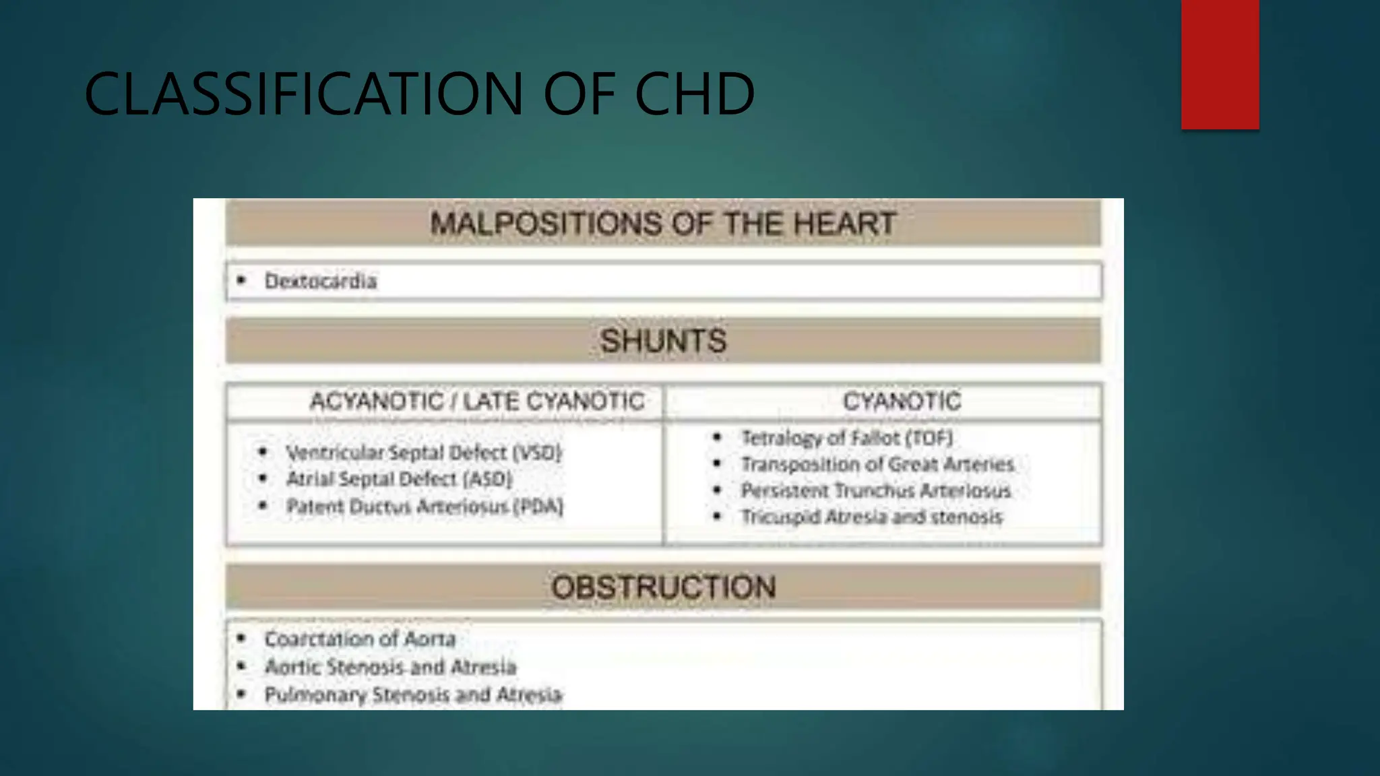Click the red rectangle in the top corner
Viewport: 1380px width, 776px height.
point(1220,64)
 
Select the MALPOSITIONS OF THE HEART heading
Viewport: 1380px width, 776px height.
point(663,224)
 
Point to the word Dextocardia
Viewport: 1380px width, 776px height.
point(320,281)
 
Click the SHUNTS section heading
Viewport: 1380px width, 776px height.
point(663,341)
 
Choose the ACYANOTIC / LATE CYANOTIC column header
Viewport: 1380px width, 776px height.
point(477,401)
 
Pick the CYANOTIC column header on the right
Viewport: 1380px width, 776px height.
point(902,401)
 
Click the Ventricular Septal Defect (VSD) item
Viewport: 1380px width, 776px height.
point(423,453)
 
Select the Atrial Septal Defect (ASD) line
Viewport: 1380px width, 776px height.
point(399,480)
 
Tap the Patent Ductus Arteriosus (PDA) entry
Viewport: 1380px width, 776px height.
point(425,507)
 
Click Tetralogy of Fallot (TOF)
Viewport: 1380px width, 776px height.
point(847,439)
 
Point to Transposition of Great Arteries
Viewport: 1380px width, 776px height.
point(877,465)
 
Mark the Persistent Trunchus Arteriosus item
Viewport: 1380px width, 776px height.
point(876,491)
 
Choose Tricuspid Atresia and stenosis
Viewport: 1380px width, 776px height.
point(872,517)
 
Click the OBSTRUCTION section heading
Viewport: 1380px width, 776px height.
point(663,587)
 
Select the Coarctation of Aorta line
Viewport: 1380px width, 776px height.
point(360,639)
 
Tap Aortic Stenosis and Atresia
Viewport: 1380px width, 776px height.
point(390,667)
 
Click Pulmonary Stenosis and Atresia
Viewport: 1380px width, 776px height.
point(412,694)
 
